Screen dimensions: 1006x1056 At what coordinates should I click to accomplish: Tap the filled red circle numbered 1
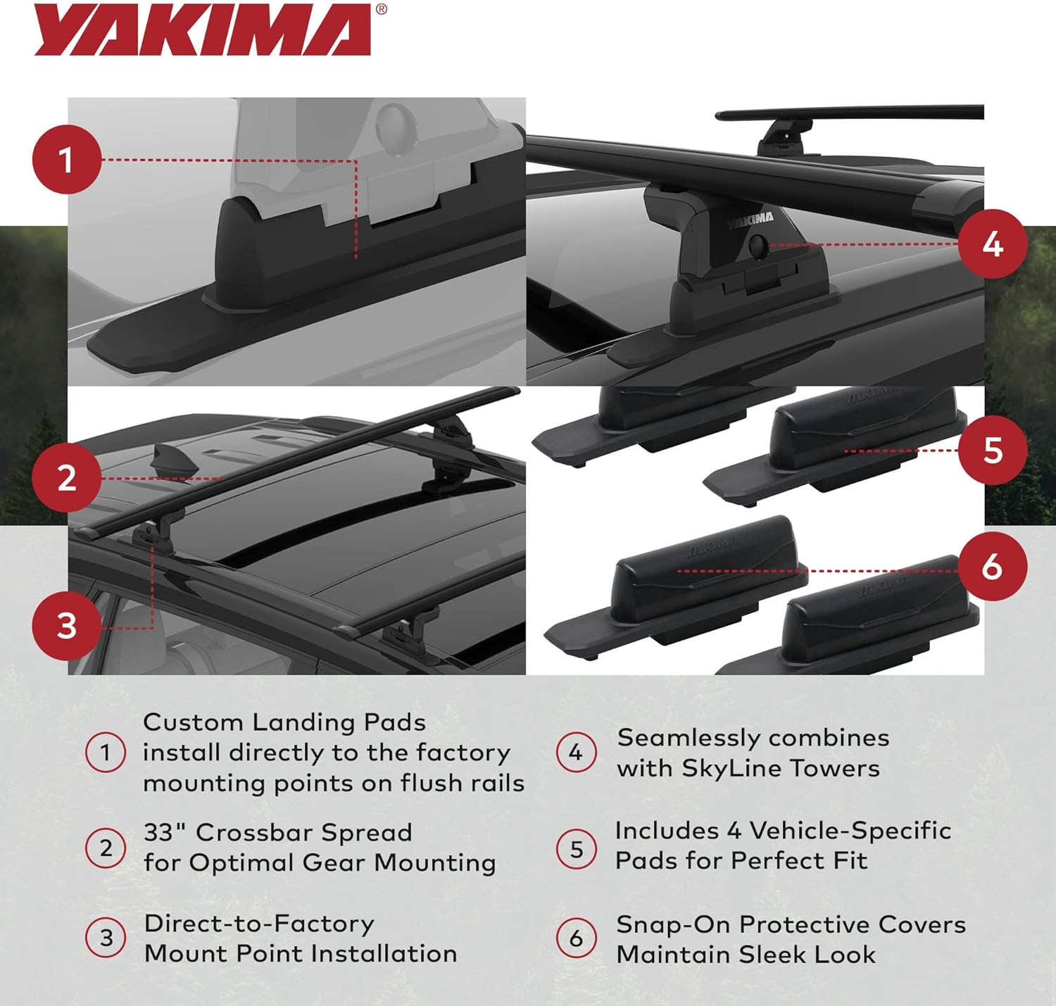(x=66, y=160)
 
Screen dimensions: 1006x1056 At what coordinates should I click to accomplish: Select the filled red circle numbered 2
(x=66, y=479)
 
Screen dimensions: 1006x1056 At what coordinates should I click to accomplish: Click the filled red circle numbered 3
(x=66, y=626)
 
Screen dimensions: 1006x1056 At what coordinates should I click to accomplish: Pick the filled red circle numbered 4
(x=993, y=244)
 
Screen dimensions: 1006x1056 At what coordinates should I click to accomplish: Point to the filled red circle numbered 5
(x=993, y=450)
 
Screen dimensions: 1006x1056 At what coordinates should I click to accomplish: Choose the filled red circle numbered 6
(x=993, y=567)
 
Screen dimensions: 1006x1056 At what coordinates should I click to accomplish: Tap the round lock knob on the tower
(x=759, y=246)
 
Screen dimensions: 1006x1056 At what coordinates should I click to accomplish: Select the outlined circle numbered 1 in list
(x=106, y=753)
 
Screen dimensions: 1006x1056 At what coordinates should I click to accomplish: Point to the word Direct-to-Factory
(x=259, y=924)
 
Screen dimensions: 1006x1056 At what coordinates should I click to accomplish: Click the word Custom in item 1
(x=193, y=722)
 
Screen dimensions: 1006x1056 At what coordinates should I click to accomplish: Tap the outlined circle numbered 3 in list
(x=106, y=938)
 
